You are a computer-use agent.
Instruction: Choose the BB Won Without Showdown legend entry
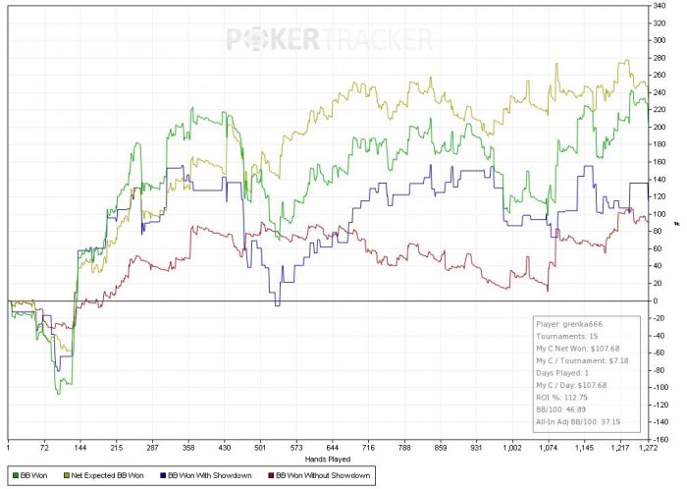pyautogui.click(x=325, y=476)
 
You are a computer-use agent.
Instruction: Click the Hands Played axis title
pyautogui.click(x=329, y=458)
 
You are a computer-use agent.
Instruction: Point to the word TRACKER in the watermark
pyautogui.click(x=377, y=39)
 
